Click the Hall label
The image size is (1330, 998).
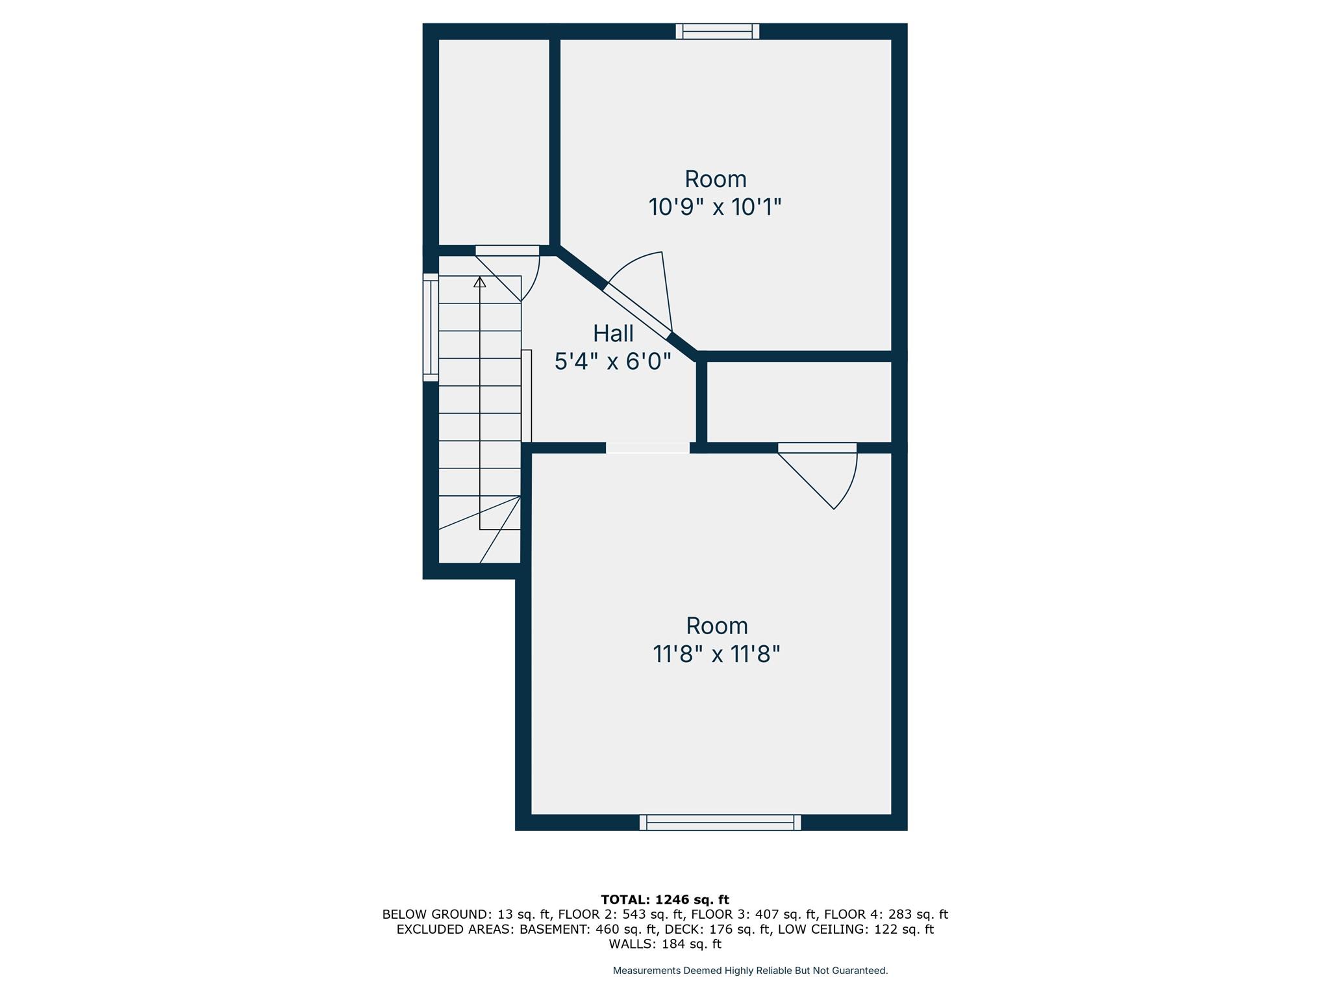point(613,333)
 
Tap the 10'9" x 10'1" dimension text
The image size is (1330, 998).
point(715,207)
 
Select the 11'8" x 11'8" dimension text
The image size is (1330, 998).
point(716,654)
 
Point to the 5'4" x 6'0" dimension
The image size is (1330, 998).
point(612,361)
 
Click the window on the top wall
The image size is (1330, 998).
point(718,31)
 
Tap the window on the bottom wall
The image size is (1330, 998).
point(720,823)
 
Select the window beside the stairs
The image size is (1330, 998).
point(431,327)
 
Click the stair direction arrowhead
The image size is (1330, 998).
point(480,282)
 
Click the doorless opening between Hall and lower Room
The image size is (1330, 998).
point(647,448)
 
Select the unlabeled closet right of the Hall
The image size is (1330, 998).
point(799,402)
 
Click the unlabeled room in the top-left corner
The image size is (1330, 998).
point(494,142)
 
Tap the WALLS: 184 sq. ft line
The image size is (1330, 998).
point(665,944)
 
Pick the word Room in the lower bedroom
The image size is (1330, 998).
point(717,626)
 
